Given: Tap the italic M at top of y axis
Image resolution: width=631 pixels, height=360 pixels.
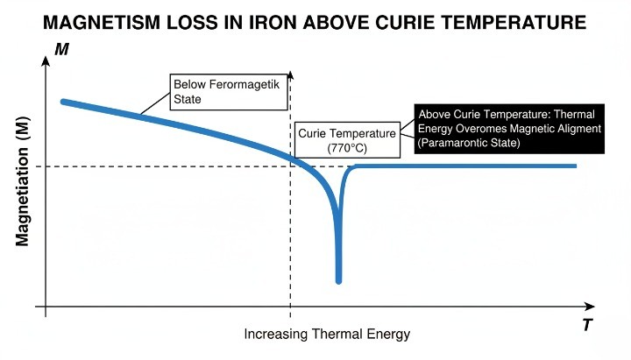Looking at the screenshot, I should click(x=62, y=50).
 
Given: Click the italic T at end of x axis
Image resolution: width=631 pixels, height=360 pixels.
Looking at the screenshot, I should click(x=587, y=326).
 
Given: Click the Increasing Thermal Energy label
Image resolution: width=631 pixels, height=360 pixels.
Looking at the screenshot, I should click(x=327, y=335).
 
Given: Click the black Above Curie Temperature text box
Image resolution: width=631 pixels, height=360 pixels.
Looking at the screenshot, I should click(x=509, y=129).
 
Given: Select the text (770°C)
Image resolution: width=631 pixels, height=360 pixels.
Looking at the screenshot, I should click(x=347, y=148).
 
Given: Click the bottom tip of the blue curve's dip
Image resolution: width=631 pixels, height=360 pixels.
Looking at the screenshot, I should click(x=338, y=281).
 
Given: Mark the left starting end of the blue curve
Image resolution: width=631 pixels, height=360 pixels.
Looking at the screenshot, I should click(x=62, y=102).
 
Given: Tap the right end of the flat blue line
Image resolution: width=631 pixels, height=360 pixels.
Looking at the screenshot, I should click(x=575, y=166).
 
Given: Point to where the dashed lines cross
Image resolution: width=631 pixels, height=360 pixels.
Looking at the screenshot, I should click(x=290, y=166).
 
